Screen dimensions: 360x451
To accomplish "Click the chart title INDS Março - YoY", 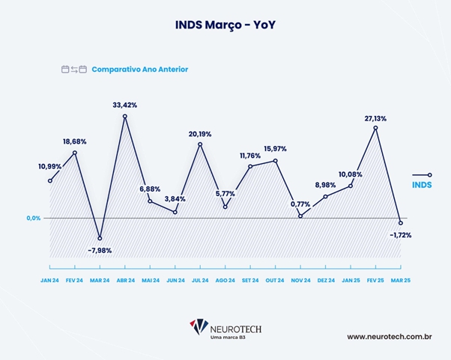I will tap(225, 25).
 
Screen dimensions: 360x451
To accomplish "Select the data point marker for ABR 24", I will tap(124, 116).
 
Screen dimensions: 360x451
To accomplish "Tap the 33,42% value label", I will tap(124, 104).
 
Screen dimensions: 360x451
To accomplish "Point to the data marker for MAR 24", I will tap(100, 238).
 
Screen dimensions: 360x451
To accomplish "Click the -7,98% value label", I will tap(100, 251).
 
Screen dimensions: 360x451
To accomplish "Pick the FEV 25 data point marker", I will tap(375, 128).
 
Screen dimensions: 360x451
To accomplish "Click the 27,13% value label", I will tap(375, 118).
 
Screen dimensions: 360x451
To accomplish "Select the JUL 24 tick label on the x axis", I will tap(200, 280).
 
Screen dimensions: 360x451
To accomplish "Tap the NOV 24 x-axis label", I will tap(300, 280).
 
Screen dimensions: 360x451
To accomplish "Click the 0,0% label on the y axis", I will tap(33, 218).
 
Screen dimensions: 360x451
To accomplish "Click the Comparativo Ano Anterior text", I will tap(139, 70).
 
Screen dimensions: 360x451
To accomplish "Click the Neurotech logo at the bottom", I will tap(225, 329).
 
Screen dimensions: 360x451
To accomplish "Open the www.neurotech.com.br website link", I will tap(390, 336).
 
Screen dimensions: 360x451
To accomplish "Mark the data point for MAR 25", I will tap(401, 223).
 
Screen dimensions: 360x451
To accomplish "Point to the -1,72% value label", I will tap(400, 235).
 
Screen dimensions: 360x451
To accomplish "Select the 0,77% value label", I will tap(300, 204).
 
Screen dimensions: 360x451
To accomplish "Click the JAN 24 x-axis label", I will tap(49, 280).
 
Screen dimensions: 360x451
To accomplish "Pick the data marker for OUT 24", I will tap(276, 161).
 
